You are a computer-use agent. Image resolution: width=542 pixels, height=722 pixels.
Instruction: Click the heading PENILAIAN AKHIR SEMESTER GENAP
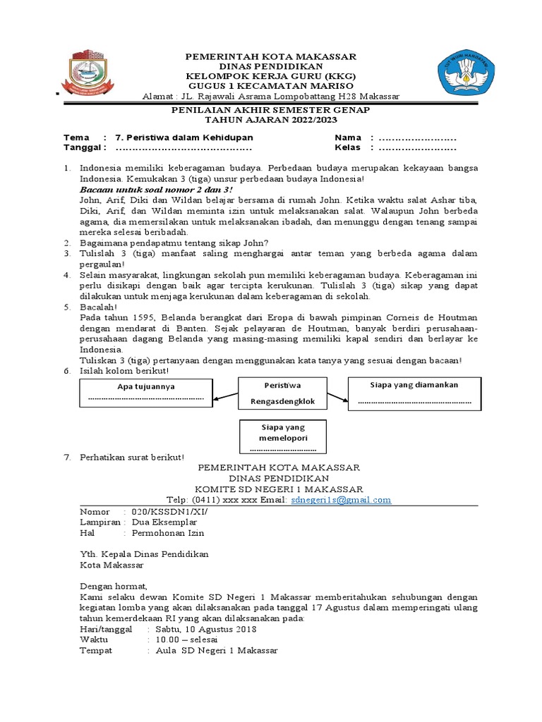point(272,111)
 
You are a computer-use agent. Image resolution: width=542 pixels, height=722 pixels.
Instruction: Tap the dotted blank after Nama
point(418,137)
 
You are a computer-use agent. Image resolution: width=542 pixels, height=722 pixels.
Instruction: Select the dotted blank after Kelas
point(418,148)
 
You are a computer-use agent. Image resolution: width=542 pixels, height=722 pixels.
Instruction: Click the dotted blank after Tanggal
point(183,148)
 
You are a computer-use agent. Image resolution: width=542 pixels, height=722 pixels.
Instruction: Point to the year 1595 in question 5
point(134,318)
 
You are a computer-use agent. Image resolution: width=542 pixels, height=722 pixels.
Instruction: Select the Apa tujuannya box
point(145,393)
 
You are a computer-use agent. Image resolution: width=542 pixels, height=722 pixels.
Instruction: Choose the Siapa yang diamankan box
point(414,393)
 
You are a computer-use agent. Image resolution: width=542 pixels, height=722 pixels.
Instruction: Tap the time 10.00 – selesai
point(188,640)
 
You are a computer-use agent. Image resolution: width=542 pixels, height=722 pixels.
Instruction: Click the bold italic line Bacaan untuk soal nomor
point(155,190)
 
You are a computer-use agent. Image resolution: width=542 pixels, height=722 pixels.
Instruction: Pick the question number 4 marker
point(67,274)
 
